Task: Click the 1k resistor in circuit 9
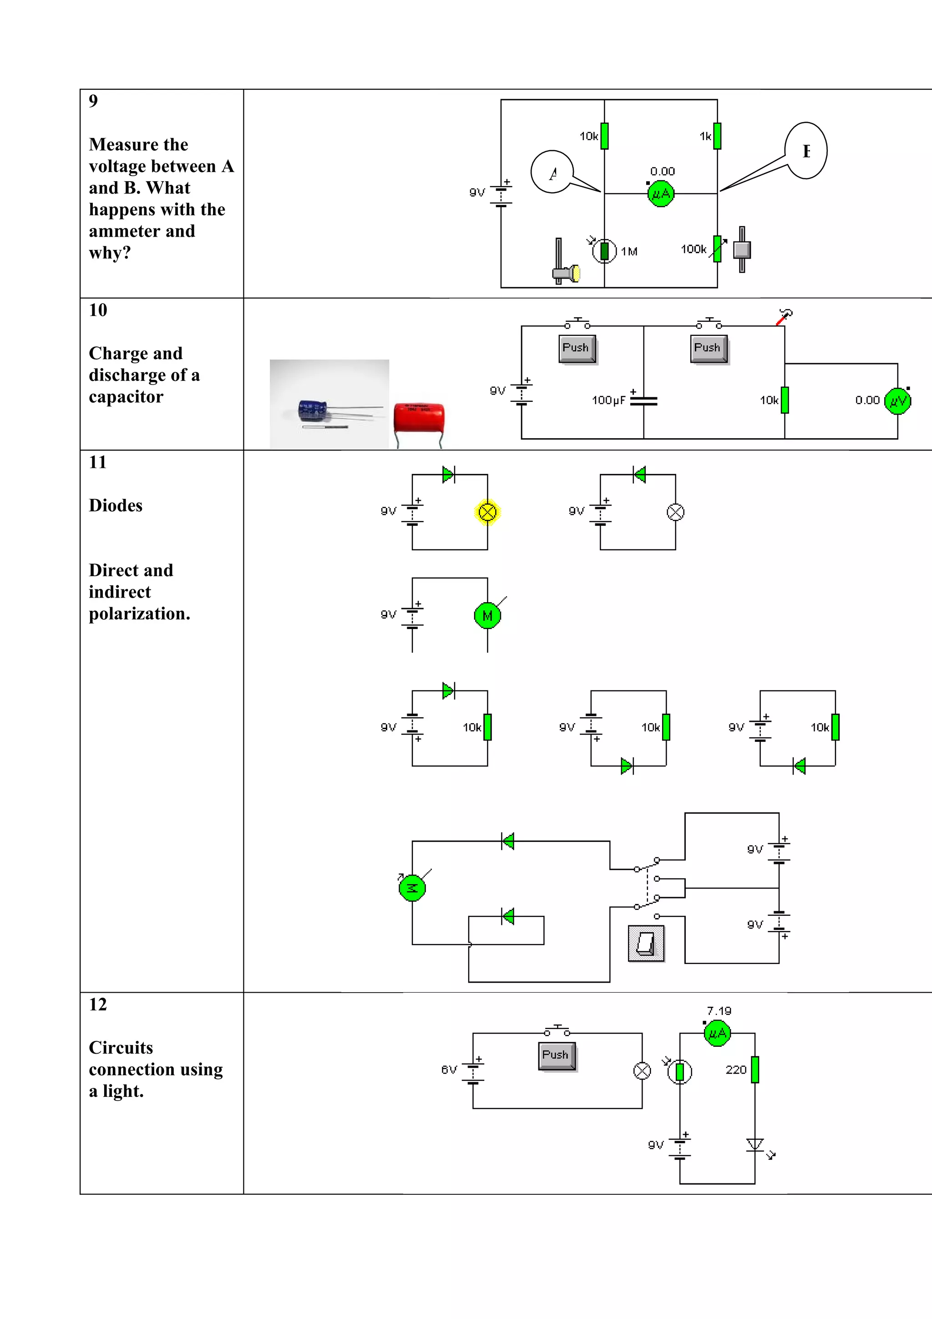717,136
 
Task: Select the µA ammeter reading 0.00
660,193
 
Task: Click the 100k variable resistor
717,249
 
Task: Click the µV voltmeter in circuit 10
897,401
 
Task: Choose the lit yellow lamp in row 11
487,512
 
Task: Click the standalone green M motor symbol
487,616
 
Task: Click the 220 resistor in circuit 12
755,1069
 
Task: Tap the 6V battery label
449,1070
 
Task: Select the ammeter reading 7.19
717,1034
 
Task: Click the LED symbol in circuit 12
755,1145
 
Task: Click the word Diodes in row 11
116,506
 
